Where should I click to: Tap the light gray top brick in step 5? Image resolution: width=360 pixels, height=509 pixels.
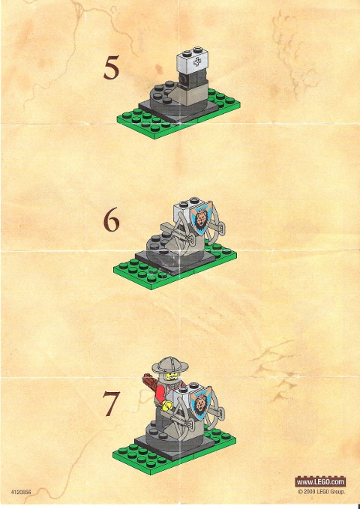(x=193, y=62)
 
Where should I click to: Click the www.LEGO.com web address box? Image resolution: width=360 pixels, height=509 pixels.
(x=320, y=481)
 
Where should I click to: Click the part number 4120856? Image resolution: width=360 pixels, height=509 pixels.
(x=22, y=493)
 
